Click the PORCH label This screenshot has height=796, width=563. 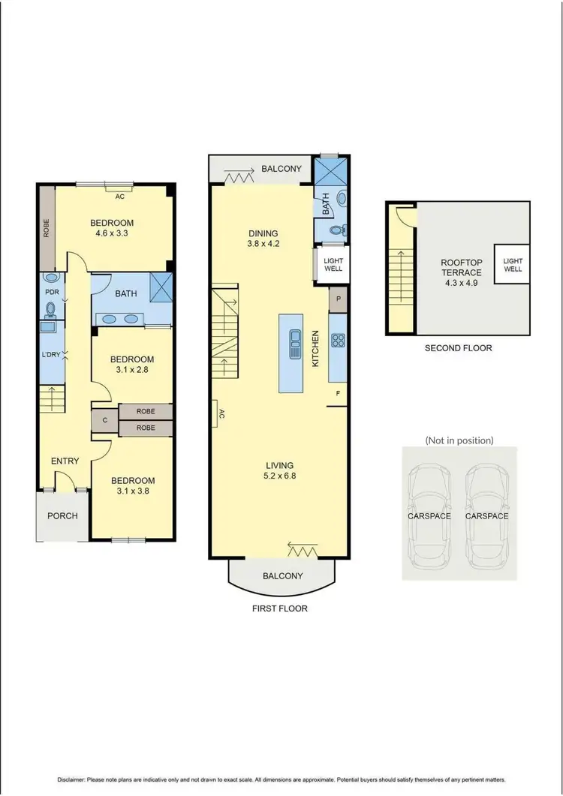tap(63, 515)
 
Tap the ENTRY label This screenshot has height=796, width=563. tap(65, 461)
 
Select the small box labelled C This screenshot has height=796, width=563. tap(104, 420)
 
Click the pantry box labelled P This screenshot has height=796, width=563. tap(339, 298)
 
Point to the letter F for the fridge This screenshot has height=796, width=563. tap(339, 392)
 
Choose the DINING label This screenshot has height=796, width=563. tap(263, 233)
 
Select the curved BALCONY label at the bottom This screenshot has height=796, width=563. tap(282, 576)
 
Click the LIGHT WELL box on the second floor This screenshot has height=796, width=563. tap(513, 264)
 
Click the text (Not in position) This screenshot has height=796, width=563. tap(459, 440)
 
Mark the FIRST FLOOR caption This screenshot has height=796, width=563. tap(279, 608)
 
